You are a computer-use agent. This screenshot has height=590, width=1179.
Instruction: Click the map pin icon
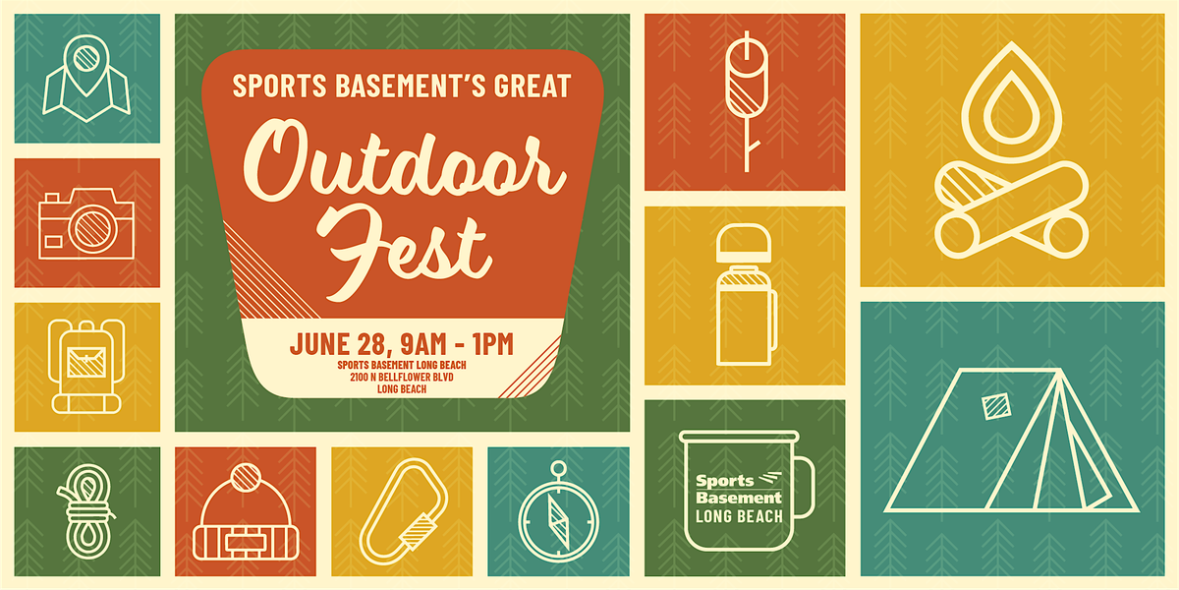point(86,65)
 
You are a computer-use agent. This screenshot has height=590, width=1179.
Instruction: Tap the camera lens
point(92,228)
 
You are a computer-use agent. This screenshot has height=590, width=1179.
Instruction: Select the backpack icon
point(86,366)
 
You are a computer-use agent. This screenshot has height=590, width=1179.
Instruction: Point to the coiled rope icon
point(86,511)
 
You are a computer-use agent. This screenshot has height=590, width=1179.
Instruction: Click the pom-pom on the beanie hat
point(246,477)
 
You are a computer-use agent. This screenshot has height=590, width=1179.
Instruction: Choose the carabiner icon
point(404,511)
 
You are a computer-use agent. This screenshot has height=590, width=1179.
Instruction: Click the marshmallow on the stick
point(747,79)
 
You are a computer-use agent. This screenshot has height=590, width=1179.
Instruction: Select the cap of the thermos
point(744,244)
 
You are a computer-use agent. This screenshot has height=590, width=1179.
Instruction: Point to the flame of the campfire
point(1011,102)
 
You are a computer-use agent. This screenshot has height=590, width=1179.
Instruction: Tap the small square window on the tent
point(996,406)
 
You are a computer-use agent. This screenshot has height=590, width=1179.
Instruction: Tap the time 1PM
point(493,344)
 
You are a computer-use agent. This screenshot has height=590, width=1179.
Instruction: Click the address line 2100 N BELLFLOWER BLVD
point(402,378)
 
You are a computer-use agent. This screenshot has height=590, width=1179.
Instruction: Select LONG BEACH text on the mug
point(739,516)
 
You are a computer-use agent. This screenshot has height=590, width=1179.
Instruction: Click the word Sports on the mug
point(725,481)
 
